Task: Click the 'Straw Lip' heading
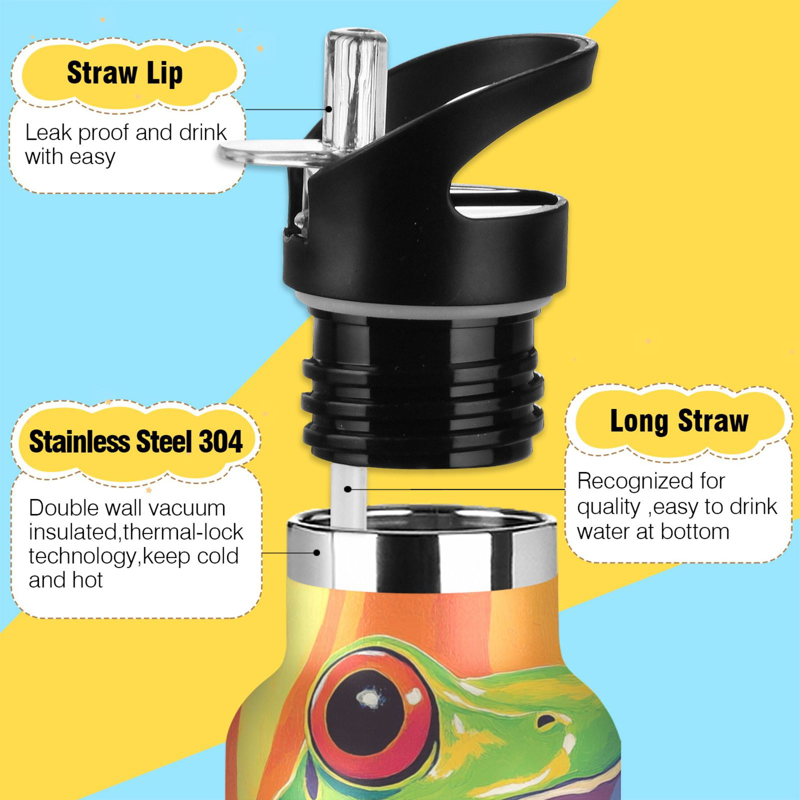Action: point(125,74)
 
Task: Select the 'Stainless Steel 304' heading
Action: point(136,442)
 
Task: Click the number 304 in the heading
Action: point(221,442)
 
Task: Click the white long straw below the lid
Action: point(349,497)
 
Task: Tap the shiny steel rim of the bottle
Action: point(422,551)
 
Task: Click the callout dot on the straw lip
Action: point(328,109)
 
